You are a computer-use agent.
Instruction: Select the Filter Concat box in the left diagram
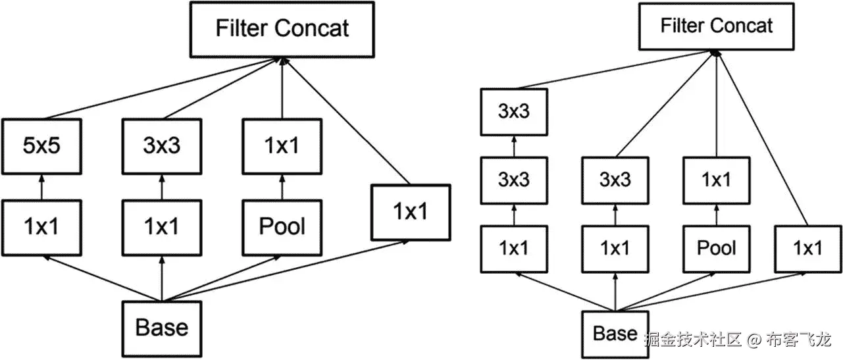pos(282,29)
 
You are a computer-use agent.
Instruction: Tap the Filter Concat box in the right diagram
pos(716,26)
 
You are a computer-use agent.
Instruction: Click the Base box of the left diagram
pos(161,328)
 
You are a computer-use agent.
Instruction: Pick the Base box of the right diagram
pos(615,334)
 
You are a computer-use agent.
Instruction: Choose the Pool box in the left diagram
pos(282,227)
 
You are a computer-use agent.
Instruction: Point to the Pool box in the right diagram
pos(716,248)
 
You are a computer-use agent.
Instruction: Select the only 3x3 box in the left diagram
pos(161,145)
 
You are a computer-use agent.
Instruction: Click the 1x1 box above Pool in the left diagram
pos(282,145)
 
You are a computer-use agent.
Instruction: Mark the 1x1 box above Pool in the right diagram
pos(716,180)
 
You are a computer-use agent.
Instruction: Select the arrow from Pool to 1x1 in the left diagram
pos(282,186)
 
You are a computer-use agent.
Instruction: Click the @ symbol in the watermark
pos(754,340)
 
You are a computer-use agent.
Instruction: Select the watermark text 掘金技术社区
pos(693,340)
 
